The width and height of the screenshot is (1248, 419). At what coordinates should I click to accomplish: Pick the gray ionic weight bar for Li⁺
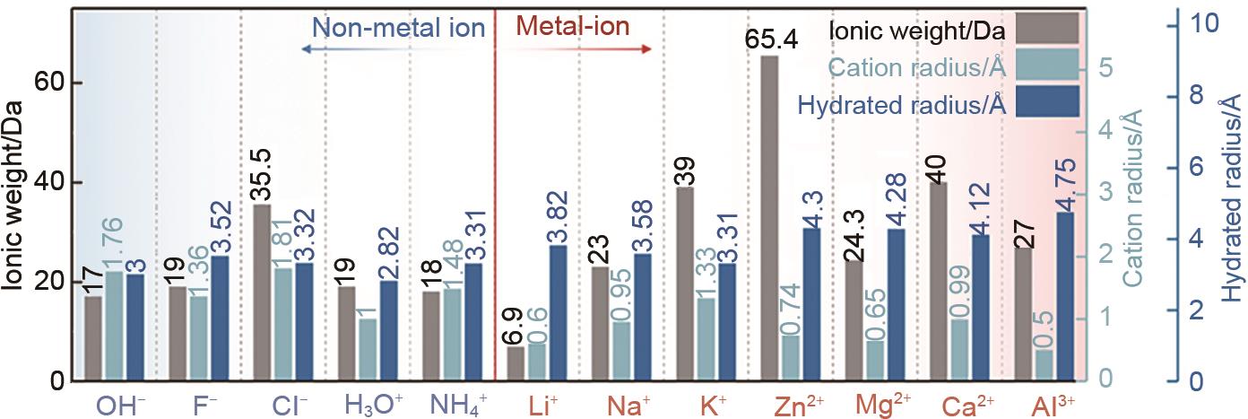tap(515, 363)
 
